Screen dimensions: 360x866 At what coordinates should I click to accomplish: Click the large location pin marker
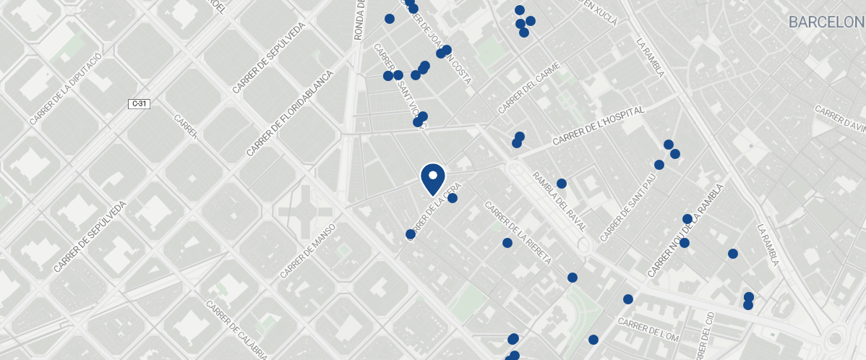tap(432, 179)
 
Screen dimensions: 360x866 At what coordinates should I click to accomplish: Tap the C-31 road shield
tap(139, 104)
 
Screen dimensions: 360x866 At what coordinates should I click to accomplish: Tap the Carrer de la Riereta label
tap(518, 233)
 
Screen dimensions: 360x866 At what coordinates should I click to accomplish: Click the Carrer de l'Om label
tap(648, 330)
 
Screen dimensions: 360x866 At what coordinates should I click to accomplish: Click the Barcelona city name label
tap(826, 22)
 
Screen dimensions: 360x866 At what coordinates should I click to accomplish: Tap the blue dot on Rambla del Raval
tap(562, 184)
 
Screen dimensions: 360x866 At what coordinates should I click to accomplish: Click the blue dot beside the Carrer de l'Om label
tap(593, 340)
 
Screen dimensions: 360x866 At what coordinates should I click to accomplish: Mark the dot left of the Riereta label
tap(507, 243)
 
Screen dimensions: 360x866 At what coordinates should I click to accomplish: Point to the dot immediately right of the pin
tap(453, 198)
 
